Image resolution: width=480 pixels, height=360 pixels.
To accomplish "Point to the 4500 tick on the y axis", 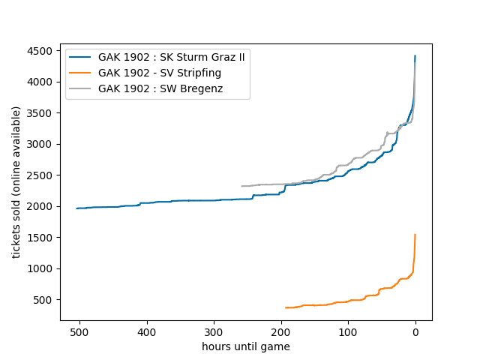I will coord(41,51).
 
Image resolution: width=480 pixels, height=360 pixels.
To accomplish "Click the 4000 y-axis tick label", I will coord(41,82).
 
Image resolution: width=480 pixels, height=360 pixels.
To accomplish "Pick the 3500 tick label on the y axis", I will coord(41,113).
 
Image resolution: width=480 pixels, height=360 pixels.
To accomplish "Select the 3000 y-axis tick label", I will coord(41,144).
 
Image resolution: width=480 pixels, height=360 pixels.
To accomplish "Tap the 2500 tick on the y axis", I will coord(41,175).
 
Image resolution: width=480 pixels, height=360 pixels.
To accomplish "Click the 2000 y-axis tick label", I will coord(41,206).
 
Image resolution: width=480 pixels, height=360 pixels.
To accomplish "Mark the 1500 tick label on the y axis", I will coord(41,238).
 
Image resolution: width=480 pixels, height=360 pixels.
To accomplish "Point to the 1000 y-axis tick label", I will coord(41,268).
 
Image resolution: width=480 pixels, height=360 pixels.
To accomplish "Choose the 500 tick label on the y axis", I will coord(44,300).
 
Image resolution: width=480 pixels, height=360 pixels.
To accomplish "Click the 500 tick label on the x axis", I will coord(80,332).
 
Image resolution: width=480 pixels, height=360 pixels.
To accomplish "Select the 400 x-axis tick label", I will coord(147,332).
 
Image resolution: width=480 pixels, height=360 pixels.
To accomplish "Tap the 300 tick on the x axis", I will coord(214,332).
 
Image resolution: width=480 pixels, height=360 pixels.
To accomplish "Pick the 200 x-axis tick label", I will coord(281,332).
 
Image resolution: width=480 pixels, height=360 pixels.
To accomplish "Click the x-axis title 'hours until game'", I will coord(246,346).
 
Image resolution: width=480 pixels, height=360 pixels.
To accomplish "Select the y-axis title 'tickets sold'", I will coord(16,182).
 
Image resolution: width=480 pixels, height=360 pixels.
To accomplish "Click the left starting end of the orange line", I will coord(286,307).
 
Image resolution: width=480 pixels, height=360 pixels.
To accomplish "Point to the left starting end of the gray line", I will coord(241,186).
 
